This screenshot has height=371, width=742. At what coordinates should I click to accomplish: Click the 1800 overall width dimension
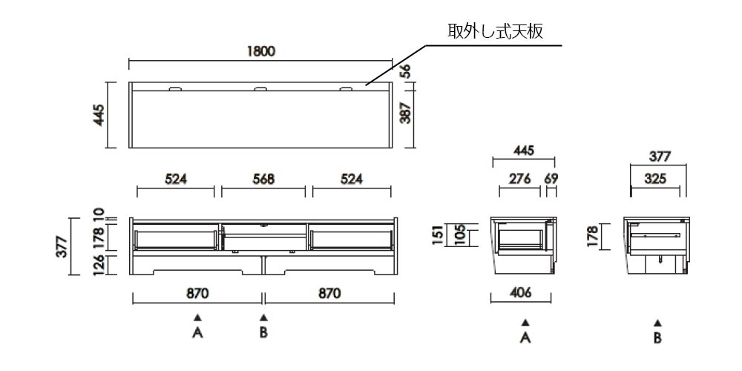click(261, 51)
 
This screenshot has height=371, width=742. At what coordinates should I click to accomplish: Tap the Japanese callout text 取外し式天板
click(496, 32)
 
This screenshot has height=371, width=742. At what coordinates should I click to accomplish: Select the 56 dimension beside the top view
click(405, 70)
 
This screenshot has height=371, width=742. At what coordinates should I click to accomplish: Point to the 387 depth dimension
click(405, 113)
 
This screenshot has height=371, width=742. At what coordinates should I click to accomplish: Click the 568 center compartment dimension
click(263, 179)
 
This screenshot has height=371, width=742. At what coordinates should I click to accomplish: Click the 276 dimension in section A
click(519, 179)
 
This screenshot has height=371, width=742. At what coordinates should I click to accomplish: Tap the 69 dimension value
click(551, 179)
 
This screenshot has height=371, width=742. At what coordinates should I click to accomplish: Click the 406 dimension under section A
click(522, 293)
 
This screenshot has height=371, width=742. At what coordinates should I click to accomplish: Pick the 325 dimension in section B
click(655, 179)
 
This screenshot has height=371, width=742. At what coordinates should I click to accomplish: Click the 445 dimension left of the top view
click(99, 115)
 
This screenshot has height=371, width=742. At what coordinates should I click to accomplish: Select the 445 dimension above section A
click(524, 151)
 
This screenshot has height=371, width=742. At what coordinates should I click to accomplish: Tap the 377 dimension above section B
click(660, 157)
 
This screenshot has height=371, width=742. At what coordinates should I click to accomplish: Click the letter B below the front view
click(263, 332)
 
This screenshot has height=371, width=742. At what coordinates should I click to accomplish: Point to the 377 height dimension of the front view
click(62, 246)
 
